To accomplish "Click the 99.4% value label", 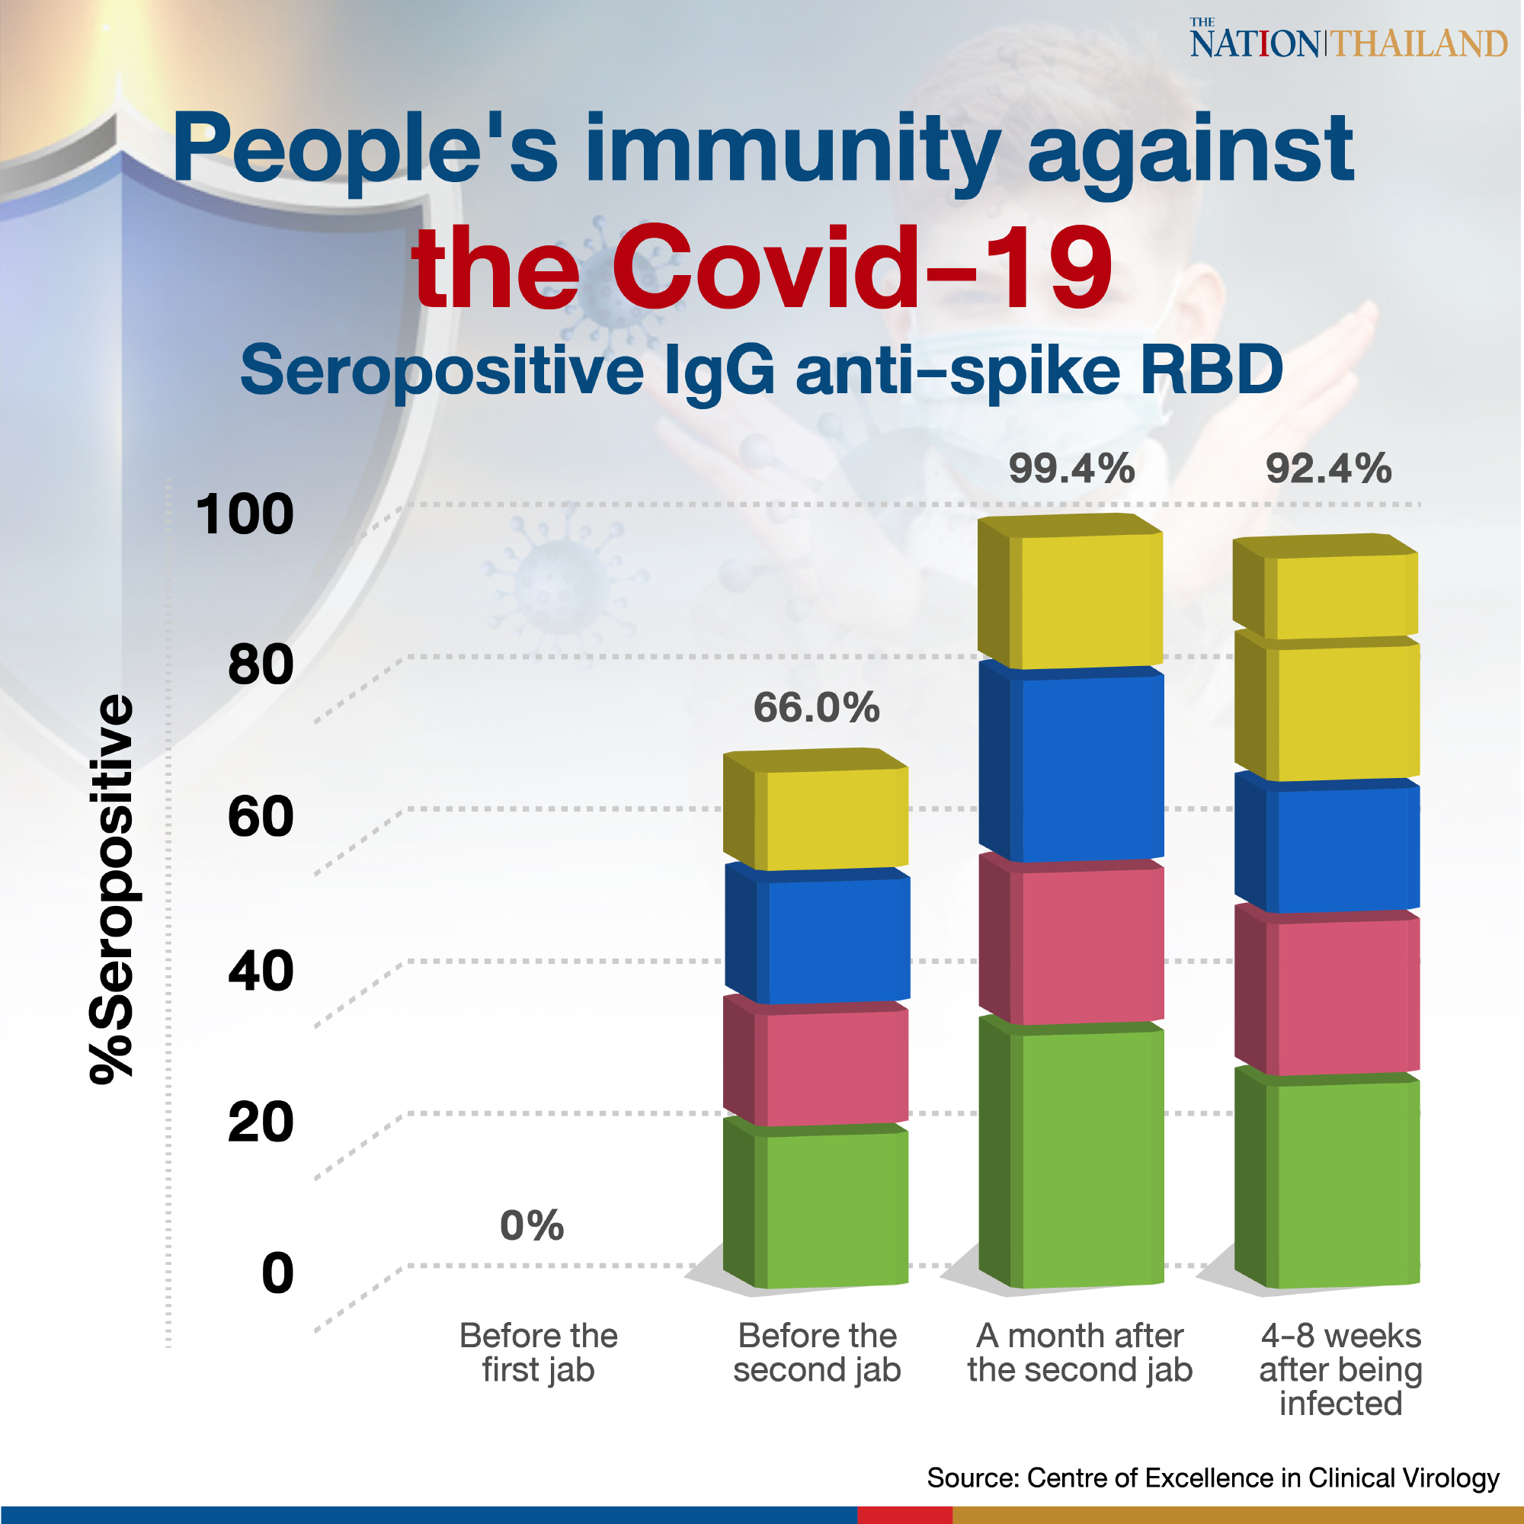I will [x=1071, y=469].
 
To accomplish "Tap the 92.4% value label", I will [x=1327, y=469].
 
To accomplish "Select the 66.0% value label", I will [x=815, y=707].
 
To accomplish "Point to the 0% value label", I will [x=532, y=1225].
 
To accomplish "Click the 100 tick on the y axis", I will [x=245, y=514].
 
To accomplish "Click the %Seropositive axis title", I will [x=111, y=889].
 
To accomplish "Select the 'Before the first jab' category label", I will [x=538, y=1352].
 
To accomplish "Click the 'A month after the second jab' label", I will [x=1079, y=1352].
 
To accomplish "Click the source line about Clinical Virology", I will [x=1212, y=1478].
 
